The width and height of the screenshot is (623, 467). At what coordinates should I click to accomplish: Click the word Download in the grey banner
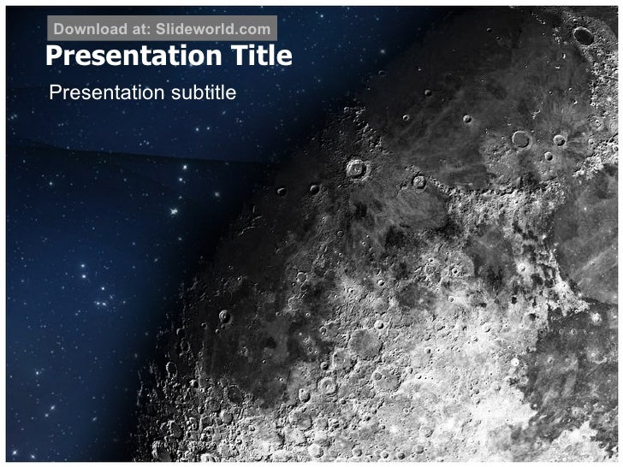[x=90, y=29]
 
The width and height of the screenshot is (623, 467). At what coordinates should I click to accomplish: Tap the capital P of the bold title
[x=53, y=56]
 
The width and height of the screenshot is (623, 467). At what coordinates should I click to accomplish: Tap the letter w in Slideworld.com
[x=199, y=29]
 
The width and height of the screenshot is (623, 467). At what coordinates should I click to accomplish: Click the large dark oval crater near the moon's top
[x=584, y=35]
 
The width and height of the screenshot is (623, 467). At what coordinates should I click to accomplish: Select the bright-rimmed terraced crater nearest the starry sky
[x=356, y=168]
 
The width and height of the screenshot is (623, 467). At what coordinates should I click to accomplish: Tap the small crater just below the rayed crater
[x=548, y=157]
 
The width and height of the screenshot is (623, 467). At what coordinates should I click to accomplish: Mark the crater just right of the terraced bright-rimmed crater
[x=418, y=181]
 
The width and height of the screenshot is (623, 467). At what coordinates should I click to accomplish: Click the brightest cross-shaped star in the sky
[x=175, y=210]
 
